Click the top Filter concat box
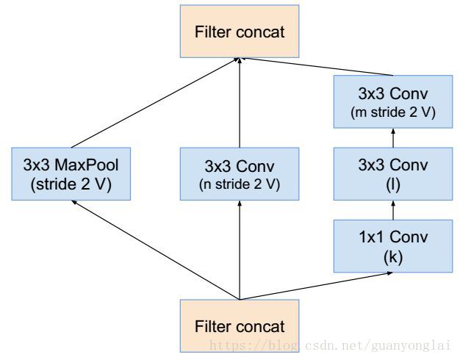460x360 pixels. pos(240,32)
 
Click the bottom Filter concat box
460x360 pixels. pos(240,325)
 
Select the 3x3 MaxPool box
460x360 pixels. pos(71,174)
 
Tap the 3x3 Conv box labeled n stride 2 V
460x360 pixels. pos(240,174)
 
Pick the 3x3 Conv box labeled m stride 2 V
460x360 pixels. pos(393,102)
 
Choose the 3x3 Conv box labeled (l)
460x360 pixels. pos(393,174)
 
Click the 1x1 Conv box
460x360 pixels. pos(393,246)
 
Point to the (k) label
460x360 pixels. pos(393,257)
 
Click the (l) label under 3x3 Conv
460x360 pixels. pos(393,185)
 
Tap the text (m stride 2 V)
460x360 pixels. pos(393,112)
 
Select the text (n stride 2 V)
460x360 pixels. pos(240,184)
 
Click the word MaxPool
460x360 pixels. pos(87,165)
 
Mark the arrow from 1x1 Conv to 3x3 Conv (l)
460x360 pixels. pos(393,210)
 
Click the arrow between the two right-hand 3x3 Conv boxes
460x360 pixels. pos(393,138)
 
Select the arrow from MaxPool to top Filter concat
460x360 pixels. pos(155,103)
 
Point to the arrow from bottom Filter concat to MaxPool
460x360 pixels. pos(156,250)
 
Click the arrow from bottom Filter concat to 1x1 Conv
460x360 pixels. pos(316,286)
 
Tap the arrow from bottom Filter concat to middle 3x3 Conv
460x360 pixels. pos(240,250)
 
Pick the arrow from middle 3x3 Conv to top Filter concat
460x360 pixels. pos(240,103)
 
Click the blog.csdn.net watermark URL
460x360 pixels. pos(331,345)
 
